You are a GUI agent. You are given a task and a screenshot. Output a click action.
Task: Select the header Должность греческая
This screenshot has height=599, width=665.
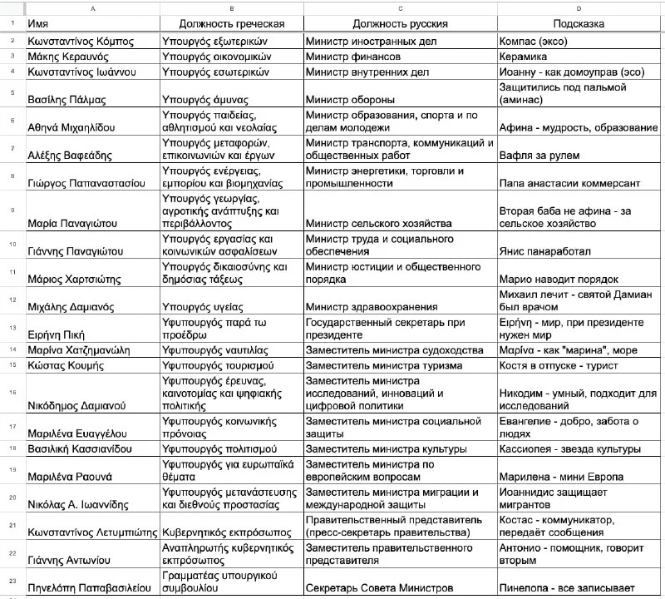click(230, 24)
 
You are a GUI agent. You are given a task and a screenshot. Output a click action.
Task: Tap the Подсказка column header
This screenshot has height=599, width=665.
click(579, 24)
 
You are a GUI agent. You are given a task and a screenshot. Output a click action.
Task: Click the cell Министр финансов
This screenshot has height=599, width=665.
click(353, 56)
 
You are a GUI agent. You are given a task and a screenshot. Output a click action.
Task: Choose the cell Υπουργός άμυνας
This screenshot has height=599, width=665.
click(204, 100)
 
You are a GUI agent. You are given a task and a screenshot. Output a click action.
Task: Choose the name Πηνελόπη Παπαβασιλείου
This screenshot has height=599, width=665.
click(92, 588)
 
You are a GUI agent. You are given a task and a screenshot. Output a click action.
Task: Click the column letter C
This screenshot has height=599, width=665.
click(400, 7)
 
